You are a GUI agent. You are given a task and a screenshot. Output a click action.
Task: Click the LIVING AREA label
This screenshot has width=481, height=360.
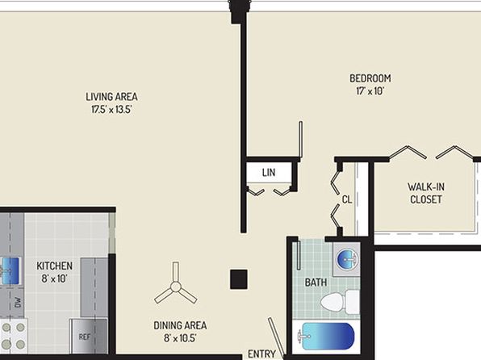pos(111,97)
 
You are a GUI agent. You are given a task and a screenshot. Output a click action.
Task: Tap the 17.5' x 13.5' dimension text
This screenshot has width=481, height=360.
pos(111,109)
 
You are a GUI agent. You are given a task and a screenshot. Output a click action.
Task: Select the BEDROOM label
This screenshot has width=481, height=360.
pos(370,78)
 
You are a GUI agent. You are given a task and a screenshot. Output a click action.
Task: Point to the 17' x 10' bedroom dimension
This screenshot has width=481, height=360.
pos(370,91)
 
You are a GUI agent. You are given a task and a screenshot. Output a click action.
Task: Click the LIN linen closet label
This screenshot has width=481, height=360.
pos(269,173)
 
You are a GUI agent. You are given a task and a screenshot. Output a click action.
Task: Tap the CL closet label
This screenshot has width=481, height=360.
pos(347,200)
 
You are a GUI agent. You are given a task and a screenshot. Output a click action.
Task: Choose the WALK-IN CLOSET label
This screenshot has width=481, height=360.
pos(426,193)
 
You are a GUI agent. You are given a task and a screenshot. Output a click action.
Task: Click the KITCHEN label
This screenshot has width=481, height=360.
pos(55,266)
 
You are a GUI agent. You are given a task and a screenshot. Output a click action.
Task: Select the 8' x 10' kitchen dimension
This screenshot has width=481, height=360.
pos(55,278)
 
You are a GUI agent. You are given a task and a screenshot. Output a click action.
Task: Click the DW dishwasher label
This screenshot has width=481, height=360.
pos(18,303)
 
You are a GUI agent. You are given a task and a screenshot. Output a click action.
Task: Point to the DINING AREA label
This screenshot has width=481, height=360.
pos(180,325)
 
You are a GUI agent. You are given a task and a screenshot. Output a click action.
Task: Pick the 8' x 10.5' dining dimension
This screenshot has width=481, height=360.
pos(180,338)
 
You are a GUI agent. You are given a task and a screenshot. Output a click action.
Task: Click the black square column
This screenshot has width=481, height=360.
pos(239,279)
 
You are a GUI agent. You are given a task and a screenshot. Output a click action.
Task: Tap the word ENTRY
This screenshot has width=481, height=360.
pos(261,354)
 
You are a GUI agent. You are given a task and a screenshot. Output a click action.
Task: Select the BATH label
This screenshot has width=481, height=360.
pos(316,283)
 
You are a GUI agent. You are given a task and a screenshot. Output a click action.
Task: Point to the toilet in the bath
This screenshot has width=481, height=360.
pos(340,302)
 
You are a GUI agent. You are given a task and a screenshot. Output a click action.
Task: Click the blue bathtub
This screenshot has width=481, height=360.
pos(328,336)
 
